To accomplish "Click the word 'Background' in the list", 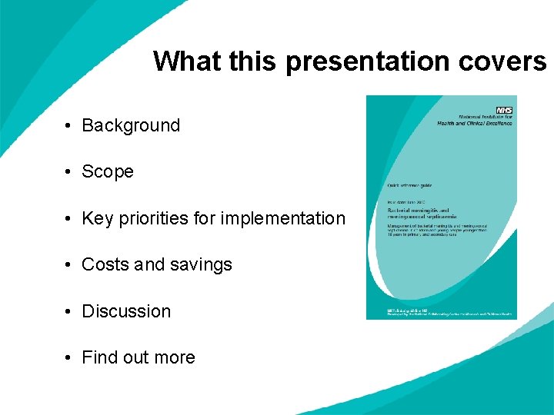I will tap(131, 125).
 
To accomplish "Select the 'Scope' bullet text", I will tap(108, 171).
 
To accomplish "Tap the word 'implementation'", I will tap(283, 218).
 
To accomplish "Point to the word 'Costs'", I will tap(105, 264).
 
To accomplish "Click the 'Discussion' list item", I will tap(126, 311).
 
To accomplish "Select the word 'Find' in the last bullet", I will tap(98, 357).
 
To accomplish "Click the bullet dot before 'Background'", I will tap(68, 126).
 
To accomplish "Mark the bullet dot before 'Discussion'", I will tap(68, 312).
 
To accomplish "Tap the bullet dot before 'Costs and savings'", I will tap(68, 265).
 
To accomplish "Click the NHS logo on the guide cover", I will tap(504, 111).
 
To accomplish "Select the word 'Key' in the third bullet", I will tap(97, 218).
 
